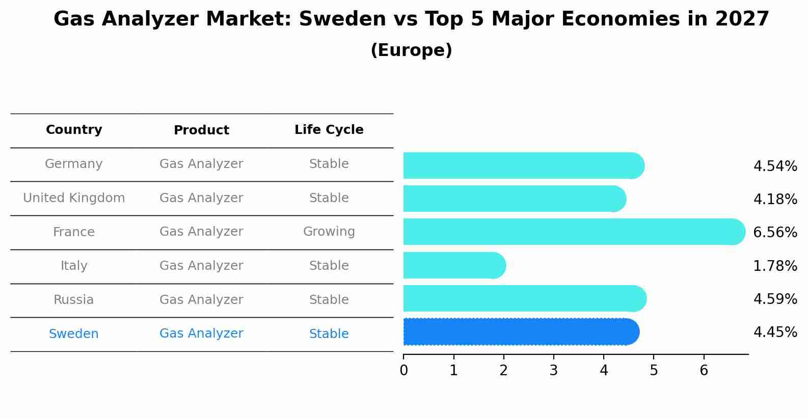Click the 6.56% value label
click(774, 233)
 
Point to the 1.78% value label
click(774, 266)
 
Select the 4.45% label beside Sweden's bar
click(774, 332)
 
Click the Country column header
click(74, 130)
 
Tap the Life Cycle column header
click(329, 130)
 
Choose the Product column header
click(201, 130)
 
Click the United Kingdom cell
click(74, 198)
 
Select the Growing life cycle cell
click(329, 232)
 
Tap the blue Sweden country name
click(74, 334)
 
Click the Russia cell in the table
click(74, 300)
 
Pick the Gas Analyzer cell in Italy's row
click(201, 266)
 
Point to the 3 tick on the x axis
click(554, 370)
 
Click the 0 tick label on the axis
click(403, 370)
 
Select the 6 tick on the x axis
click(704, 370)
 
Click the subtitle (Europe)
click(411, 50)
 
